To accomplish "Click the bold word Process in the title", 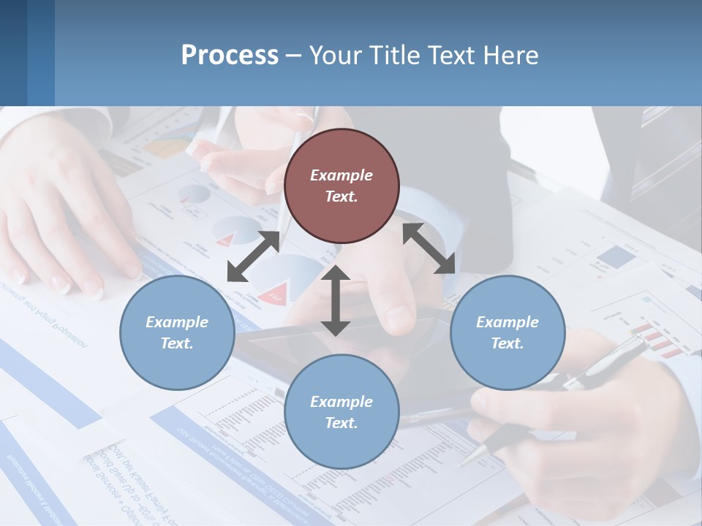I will tap(230, 56).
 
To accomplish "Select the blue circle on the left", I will tap(177, 332).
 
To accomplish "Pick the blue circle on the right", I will tap(507, 332).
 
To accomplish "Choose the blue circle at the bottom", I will tap(341, 412).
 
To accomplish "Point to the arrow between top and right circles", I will tap(429, 249).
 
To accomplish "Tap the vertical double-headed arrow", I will tap(336, 300).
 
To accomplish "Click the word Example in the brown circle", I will tap(341, 175).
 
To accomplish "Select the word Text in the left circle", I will tap(177, 343).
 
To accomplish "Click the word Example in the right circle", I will tap(507, 322).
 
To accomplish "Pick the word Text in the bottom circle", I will tap(341, 423).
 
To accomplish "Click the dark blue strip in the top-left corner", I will tap(13, 53).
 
